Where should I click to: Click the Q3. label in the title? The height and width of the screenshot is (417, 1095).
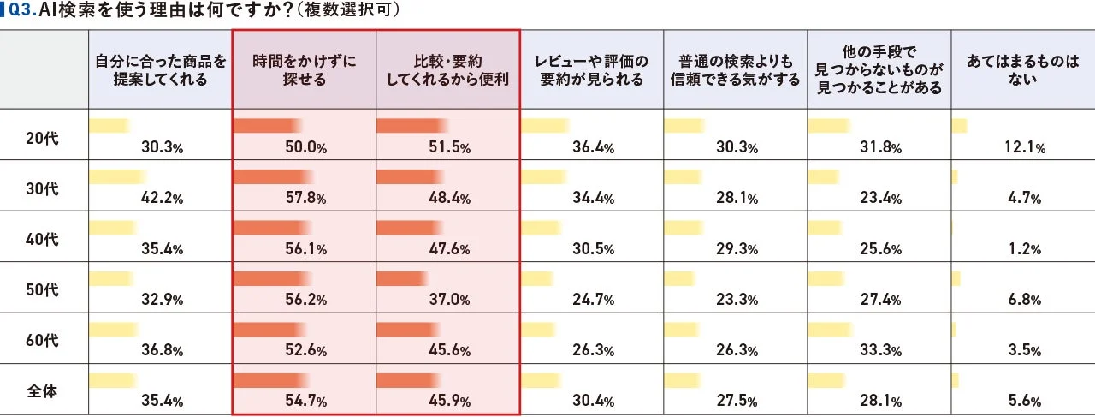coord(22,11)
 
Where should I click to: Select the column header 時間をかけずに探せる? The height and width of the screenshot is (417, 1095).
coord(304,70)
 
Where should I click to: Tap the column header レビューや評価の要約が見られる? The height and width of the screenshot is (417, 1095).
coord(591,70)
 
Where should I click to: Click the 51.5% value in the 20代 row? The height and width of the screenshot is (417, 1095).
coord(450,147)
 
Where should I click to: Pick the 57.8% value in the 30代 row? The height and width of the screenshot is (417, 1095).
coord(305,199)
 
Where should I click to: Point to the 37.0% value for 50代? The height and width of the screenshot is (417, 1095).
coord(450,300)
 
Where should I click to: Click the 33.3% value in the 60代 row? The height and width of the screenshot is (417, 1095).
coord(881,351)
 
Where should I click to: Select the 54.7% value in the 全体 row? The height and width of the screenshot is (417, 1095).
coord(305,402)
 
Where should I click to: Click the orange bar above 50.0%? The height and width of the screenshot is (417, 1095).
coord(266,126)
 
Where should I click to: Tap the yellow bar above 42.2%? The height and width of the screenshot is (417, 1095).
coord(118,177)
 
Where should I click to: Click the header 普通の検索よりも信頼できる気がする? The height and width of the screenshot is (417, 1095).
coord(735,70)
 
